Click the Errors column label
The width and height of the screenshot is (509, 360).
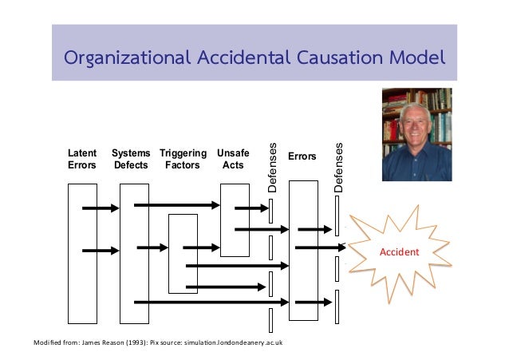[302, 157]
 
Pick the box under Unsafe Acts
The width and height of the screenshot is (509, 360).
[234, 220]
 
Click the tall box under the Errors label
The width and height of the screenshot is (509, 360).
[302, 250]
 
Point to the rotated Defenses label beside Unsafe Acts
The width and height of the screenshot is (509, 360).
[272, 169]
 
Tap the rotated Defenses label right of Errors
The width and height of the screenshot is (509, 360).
[338, 168]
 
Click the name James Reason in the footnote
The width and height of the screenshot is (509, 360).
[91, 342]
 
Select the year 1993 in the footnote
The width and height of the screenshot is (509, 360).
[128, 342]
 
